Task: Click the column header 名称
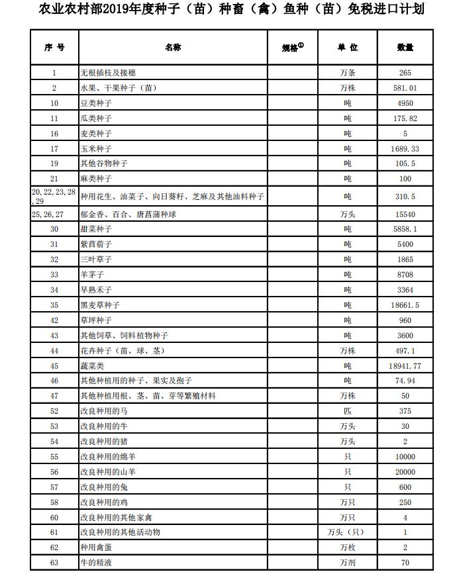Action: tap(173, 48)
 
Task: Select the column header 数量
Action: tap(405, 48)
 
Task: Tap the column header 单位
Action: tap(347, 48)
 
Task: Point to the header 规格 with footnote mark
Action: tap(292, 48)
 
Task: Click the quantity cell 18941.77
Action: tap(405, 365)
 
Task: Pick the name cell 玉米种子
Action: tap(96, 149)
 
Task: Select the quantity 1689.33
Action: tap(405, 149)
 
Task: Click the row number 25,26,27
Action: tap(48, 215)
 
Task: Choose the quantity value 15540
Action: tap(405, 215)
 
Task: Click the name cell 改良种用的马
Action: tap(104, 411)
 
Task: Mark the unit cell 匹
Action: tap(347, 411)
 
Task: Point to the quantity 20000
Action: tap(405, 472)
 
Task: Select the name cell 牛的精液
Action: tap(96, 563)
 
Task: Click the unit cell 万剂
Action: tap(347, 563)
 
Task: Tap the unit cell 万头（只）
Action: tap(347, 532)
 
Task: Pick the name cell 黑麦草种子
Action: tap(100, 305)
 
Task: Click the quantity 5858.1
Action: tap(405, 229)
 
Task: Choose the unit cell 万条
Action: tap(347, 73)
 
